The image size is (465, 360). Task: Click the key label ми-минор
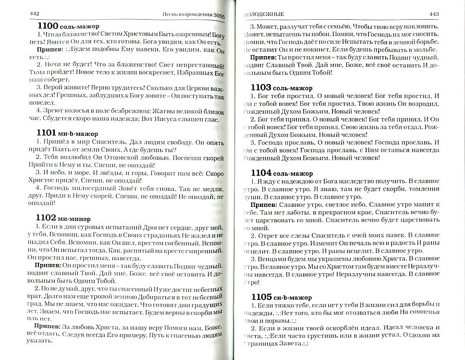pyautogui.click(x=78, y=218)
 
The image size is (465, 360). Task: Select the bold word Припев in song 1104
pyautogui.click(x=262, y=205)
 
